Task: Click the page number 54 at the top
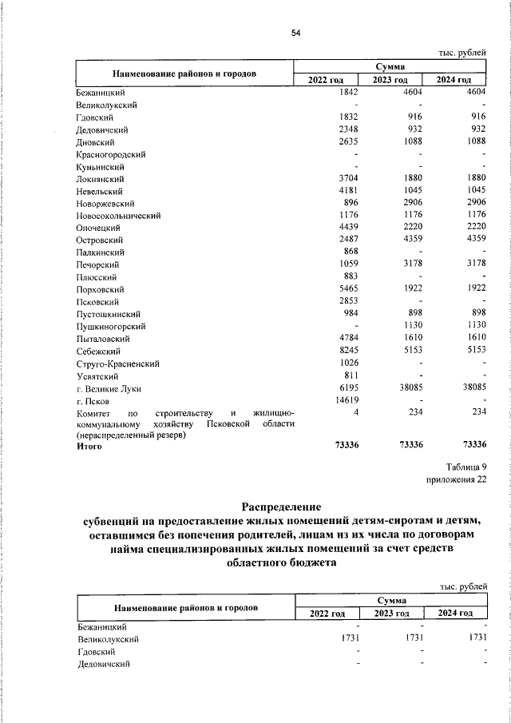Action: [295, 33]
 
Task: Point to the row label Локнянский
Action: [98, 179]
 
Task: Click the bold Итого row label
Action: [89, 447]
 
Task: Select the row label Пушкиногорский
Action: [111, 327]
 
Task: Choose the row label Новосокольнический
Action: [120, 216]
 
